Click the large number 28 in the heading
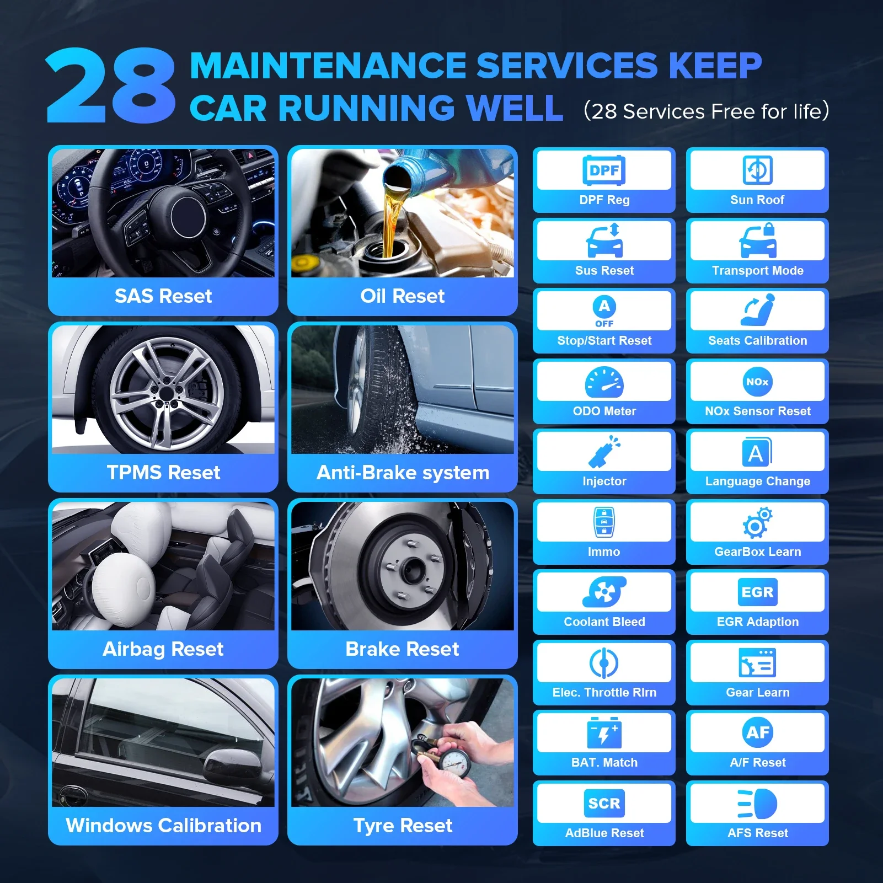coord(110,85)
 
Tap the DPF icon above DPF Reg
coord(604,170)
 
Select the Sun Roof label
coord(757,200)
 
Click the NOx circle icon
coord(757,382)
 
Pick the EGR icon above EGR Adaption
coord(757,592)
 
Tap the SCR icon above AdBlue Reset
coord(604,803)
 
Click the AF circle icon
coord(757,732)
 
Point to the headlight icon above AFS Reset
coord(757,803)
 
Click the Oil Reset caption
coord(402,296)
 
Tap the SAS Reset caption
coord(163,296)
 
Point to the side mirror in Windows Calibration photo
coord(232,764)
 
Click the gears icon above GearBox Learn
coord(757,522)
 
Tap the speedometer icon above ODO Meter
coord(604,382)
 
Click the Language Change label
coord(757,481)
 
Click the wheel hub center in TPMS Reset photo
coord(166,393)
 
